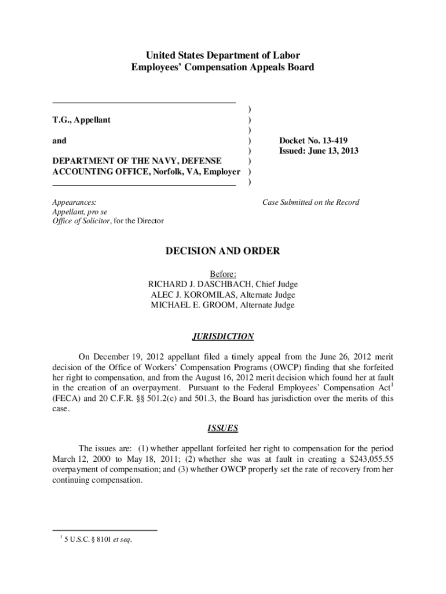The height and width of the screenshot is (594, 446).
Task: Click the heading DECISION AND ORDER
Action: [223, 251]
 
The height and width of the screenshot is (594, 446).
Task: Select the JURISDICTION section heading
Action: [222, 336]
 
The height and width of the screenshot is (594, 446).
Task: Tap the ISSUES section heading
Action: [222, 429]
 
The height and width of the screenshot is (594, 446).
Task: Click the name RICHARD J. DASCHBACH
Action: [199, 284]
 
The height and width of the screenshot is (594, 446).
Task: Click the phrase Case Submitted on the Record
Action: [310, 202]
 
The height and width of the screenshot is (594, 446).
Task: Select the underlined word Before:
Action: [223, 274]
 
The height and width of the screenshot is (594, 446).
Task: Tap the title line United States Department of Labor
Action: [223, 56]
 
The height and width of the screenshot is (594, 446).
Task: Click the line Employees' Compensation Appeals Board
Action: [223, 67]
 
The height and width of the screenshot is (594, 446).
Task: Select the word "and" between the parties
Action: [59, 140]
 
